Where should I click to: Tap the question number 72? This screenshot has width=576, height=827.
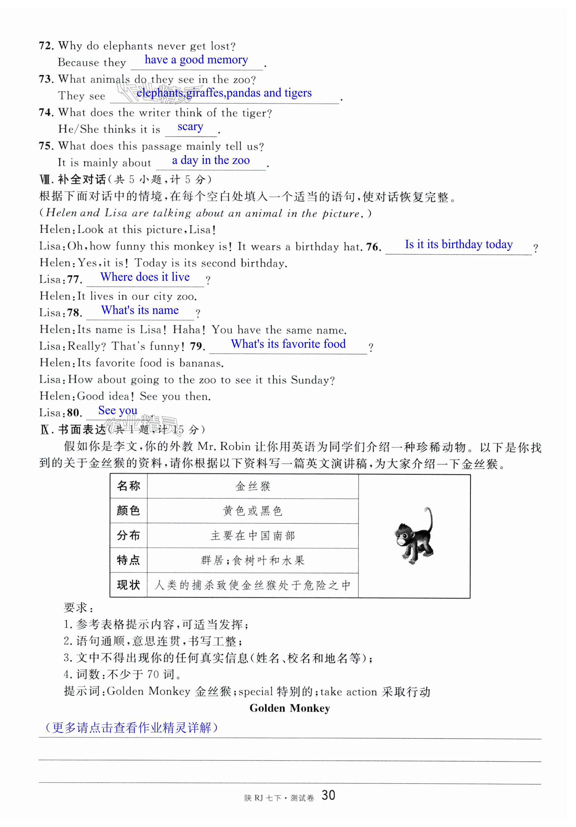pyautogui.click(x=46, y=46)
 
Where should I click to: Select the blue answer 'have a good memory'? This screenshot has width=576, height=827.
pyautogui.click(x=196, y=60)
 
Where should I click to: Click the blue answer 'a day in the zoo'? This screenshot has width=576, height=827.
pyautogui.click(x=211, y=160)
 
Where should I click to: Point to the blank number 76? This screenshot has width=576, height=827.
pyautogui.click(x=373, y=247)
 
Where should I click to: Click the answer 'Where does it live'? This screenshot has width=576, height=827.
pyautogui.click(x=145, y=277)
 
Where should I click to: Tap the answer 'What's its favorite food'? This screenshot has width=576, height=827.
pyautogui.click(x=288, y=344)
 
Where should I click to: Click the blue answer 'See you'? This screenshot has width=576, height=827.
pyautogui.click(x=118, y=410)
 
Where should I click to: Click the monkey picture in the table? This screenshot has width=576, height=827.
pyautogui.click(x=414, y=536)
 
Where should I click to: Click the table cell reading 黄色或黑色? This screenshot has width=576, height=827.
pyautogui.click(x=252, y=511)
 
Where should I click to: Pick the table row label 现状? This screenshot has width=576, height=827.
pyautogui.click(x=128, y=585)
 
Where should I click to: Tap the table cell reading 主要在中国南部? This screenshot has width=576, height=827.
pyautogui.click(x=252, y=536)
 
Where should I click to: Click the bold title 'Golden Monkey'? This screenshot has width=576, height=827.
pyautogui.click(x=290, y=708)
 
